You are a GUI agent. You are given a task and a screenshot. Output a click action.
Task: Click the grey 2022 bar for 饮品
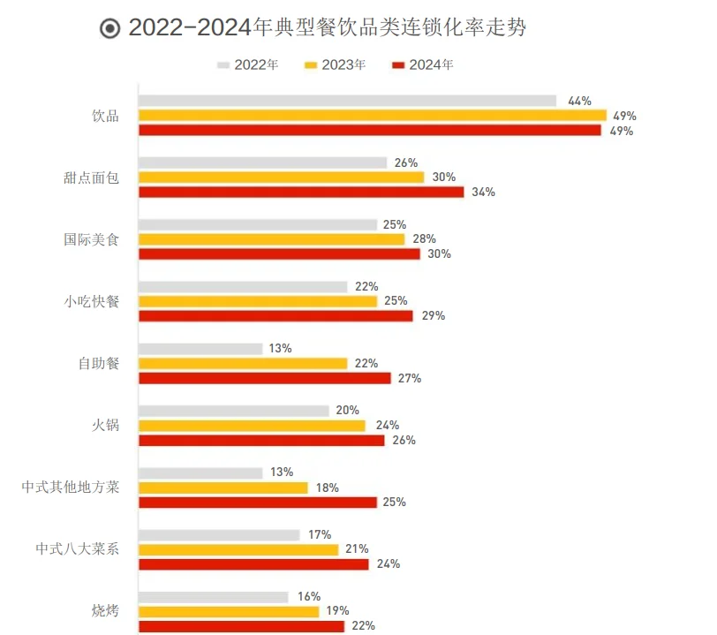[x=347, y=101]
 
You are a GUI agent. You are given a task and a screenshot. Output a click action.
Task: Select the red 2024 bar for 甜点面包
[x=301, y=192]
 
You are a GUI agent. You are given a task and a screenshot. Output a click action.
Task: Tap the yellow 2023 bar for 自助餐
[x=243, y=363]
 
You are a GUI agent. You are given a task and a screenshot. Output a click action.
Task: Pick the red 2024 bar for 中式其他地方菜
[x=258, y=502]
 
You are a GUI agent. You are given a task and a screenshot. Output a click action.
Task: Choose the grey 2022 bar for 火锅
[x=234, y=411]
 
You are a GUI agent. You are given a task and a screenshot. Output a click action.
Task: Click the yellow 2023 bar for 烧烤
[x=229, y=610]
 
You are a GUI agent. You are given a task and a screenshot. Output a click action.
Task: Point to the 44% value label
[x=579, y=101]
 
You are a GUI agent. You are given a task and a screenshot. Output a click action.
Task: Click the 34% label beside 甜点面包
[x=483, y=192]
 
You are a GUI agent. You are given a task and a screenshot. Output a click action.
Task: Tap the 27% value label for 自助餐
[x=410, y=378]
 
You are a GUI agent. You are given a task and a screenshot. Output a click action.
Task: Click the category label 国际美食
[x=91, y=238]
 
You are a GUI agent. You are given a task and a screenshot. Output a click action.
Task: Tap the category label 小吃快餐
[x=91, y=300]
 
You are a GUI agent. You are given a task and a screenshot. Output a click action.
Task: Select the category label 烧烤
[x=105, y=610]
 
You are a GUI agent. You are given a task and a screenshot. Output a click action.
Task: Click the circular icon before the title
[x=110, y=29]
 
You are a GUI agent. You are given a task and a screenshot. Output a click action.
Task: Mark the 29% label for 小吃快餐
[x=433, y=315]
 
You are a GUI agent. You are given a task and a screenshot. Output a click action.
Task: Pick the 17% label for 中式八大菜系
[x=320, y=534]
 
